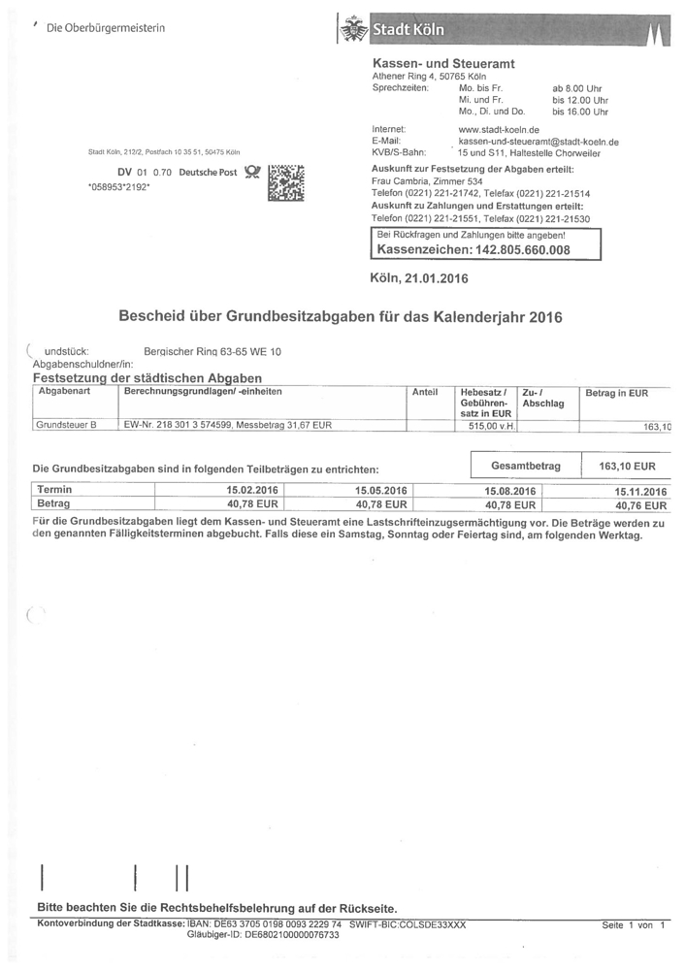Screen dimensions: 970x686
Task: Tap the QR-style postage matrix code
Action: [285, 181]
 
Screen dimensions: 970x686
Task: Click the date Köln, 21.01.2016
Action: [419, 278]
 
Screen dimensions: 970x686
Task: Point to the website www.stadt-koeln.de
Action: [499, 129]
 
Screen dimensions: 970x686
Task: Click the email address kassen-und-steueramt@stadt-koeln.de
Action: [539, 142]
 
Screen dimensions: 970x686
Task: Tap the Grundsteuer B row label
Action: [66, 425]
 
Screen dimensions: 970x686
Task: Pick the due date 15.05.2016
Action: [380, 491]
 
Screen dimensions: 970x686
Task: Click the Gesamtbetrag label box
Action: [526, 467]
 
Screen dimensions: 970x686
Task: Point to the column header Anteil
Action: [425, 392]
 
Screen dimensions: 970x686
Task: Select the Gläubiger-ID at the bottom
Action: [263, 935]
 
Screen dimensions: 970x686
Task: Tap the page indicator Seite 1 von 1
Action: [633, 925]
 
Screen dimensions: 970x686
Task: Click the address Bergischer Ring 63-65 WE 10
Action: [212, 351]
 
